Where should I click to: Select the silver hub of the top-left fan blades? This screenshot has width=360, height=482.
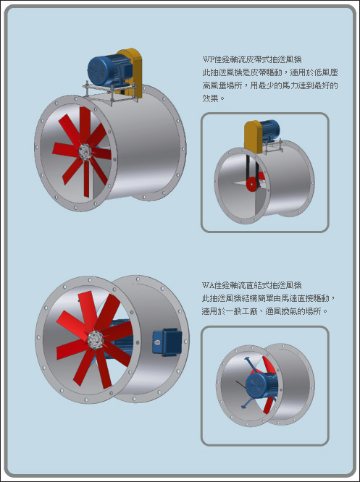tap(84, 152)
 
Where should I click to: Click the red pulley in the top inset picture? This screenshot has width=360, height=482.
tap(252, 184)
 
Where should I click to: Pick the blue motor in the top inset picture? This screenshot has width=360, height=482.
tap(270, 131)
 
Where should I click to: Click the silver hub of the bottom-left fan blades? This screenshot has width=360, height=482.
tap(94, 339)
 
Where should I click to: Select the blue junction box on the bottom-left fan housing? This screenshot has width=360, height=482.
tap(167, 342)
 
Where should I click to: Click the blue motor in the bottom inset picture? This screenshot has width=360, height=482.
tap(261, 385)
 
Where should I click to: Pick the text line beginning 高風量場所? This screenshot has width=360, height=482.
tap(270, 85)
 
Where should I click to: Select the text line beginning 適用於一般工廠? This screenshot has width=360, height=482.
tap(264, 311)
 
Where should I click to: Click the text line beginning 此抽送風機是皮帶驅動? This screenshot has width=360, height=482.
tap(270, 72)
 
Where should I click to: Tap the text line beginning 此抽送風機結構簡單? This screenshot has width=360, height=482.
tap(269, 298)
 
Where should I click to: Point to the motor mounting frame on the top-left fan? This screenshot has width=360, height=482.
tap(110, 91)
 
